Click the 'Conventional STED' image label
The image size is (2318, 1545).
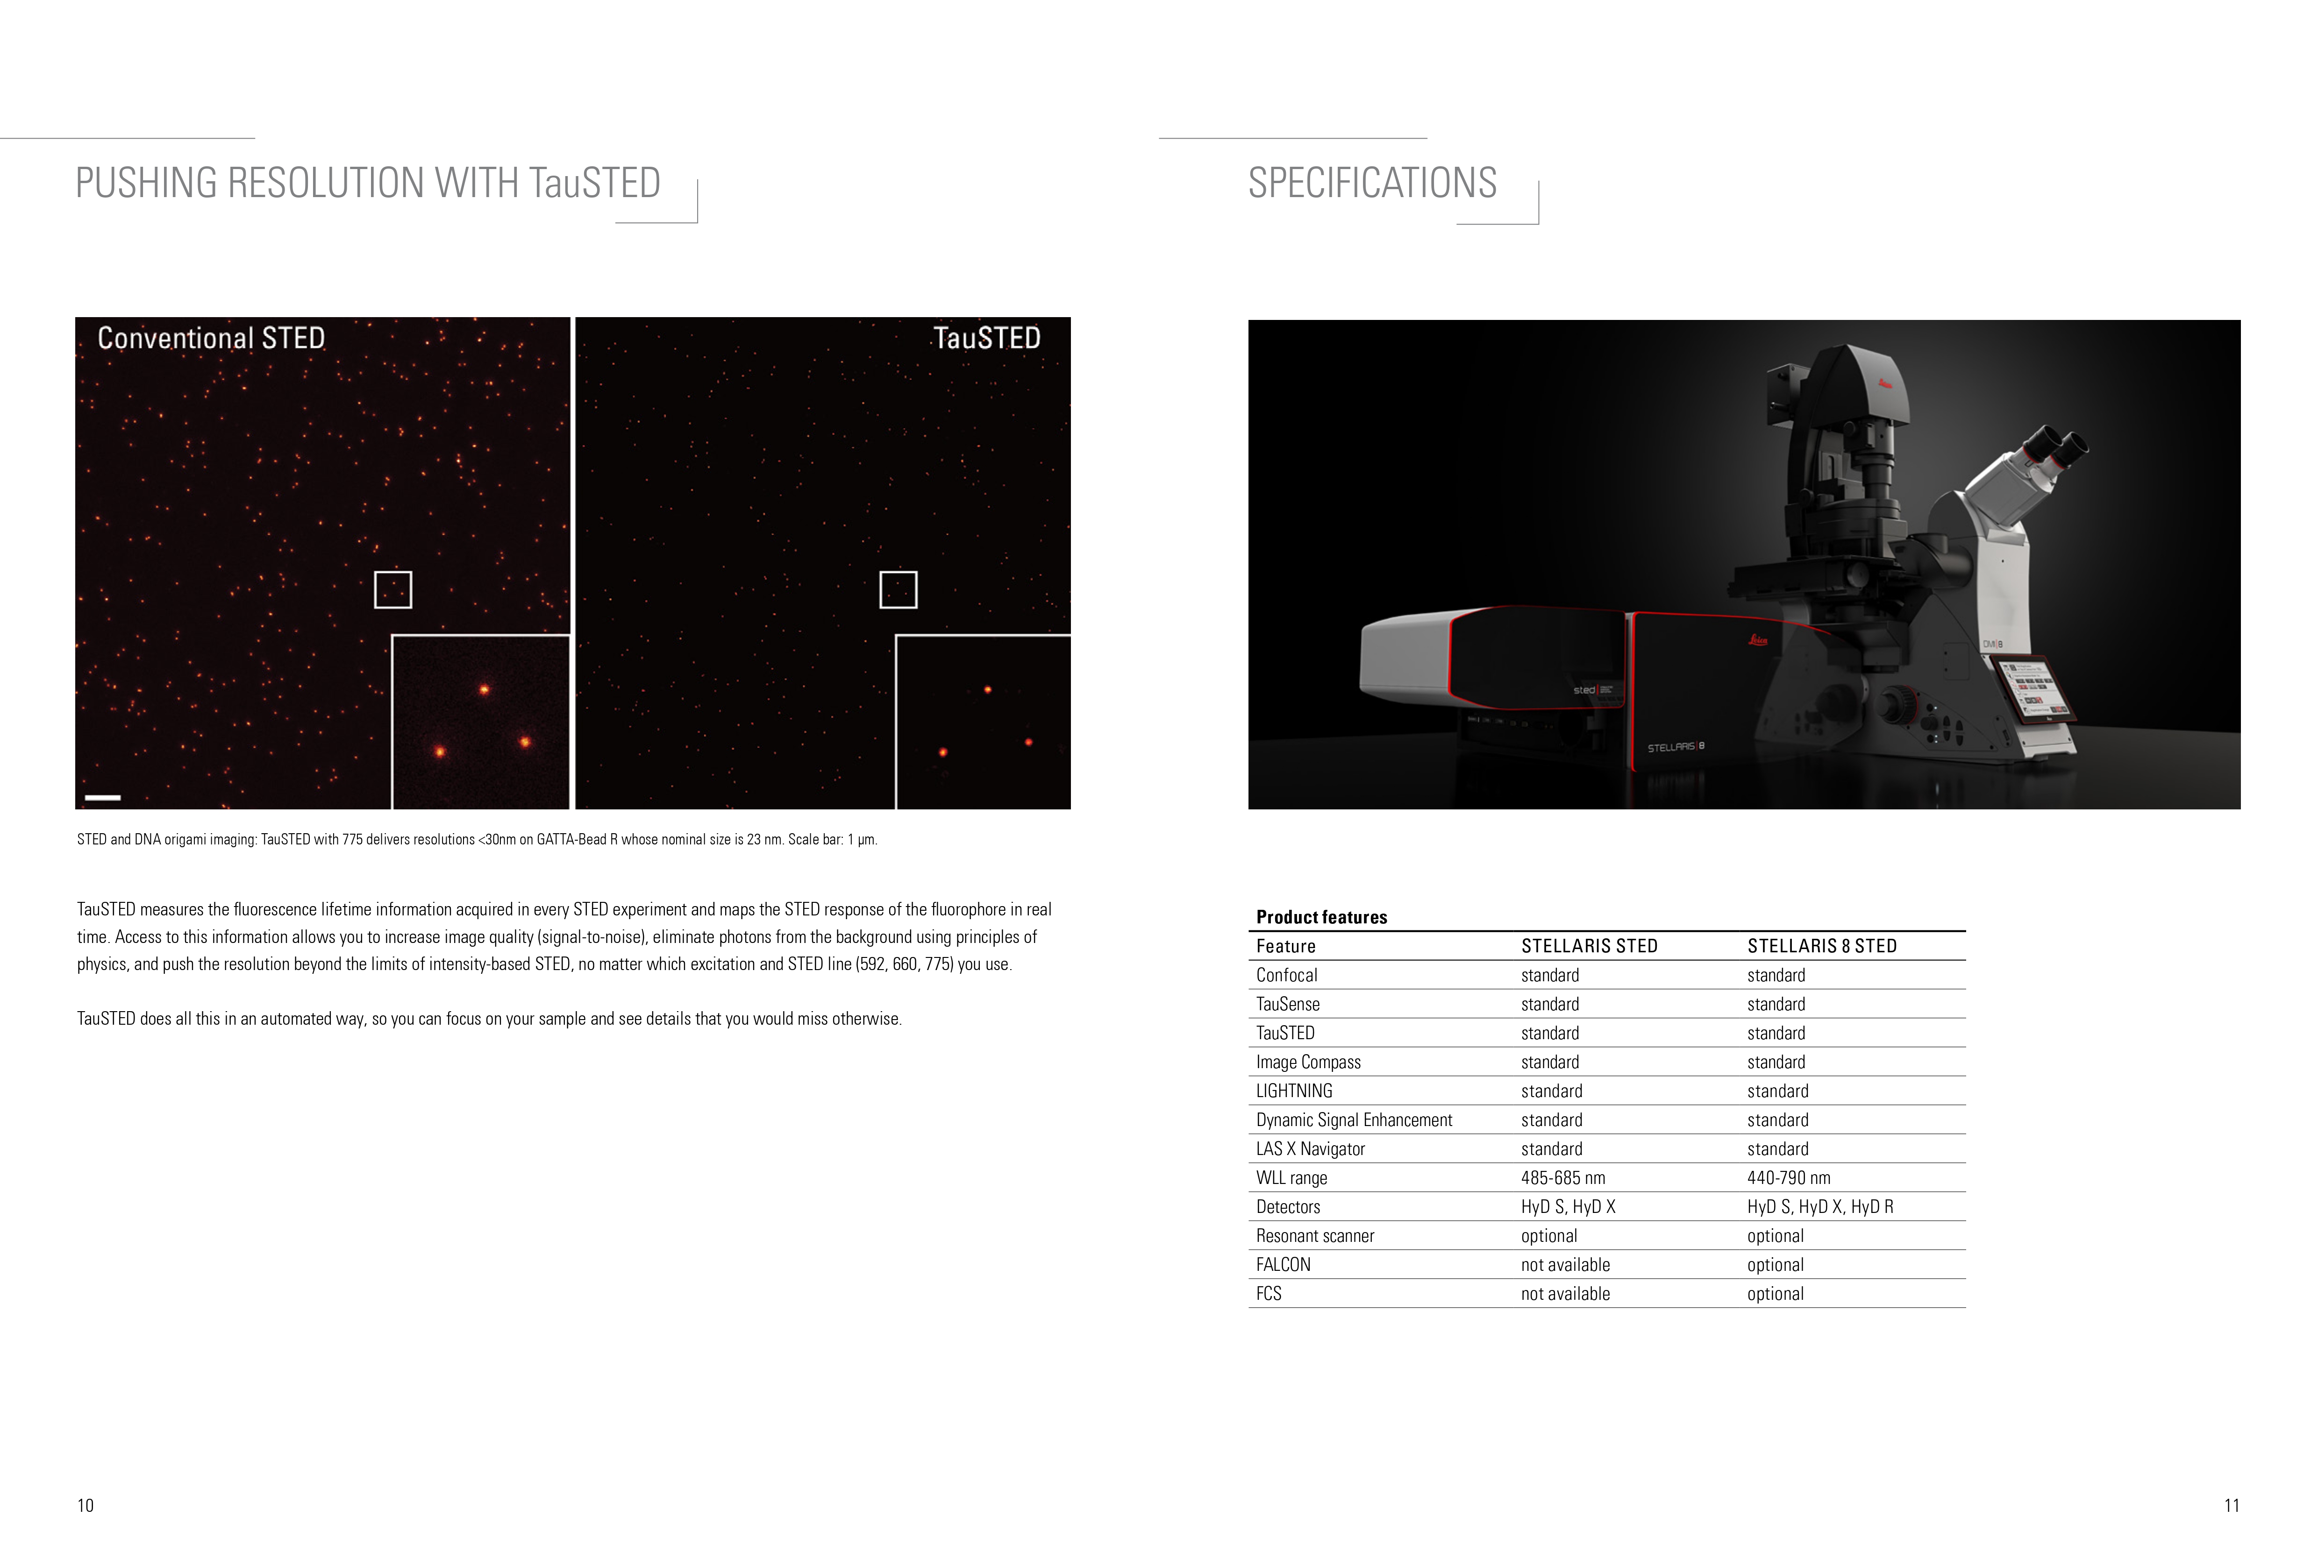(x=211, y=338)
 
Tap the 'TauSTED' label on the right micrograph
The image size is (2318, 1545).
(x=986, y=338)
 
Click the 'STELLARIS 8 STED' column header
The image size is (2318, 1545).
(x=1821, y=946)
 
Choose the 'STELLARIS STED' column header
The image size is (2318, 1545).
(x=1589, y=946)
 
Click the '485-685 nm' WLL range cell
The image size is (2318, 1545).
(x=1563, y=1177)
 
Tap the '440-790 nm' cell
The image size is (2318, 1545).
(x=1789, y=1177)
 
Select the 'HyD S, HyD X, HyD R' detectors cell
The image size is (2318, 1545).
(x=1820, y=1207)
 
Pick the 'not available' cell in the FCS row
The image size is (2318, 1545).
(x=1565, y=1294)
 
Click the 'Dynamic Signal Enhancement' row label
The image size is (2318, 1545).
(x=1354, y=1120)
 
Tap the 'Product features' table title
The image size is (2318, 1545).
(x=1322, y=917)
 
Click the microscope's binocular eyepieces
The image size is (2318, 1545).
(x=2055, y=450)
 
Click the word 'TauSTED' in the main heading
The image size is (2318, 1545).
(x=594, y=183)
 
